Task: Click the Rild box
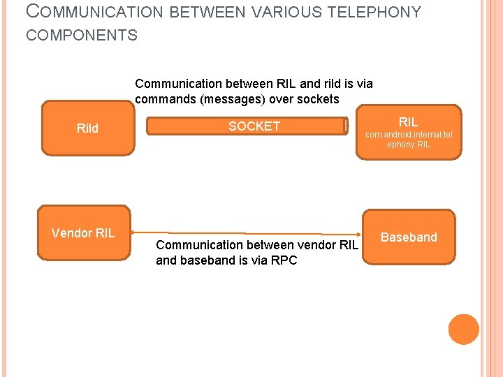(87, 128)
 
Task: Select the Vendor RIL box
(83, 233)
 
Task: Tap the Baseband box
(409, 237)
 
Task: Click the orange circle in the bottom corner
(463, 329)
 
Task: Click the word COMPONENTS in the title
(82, 35)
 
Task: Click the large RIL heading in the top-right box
(408, 121)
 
